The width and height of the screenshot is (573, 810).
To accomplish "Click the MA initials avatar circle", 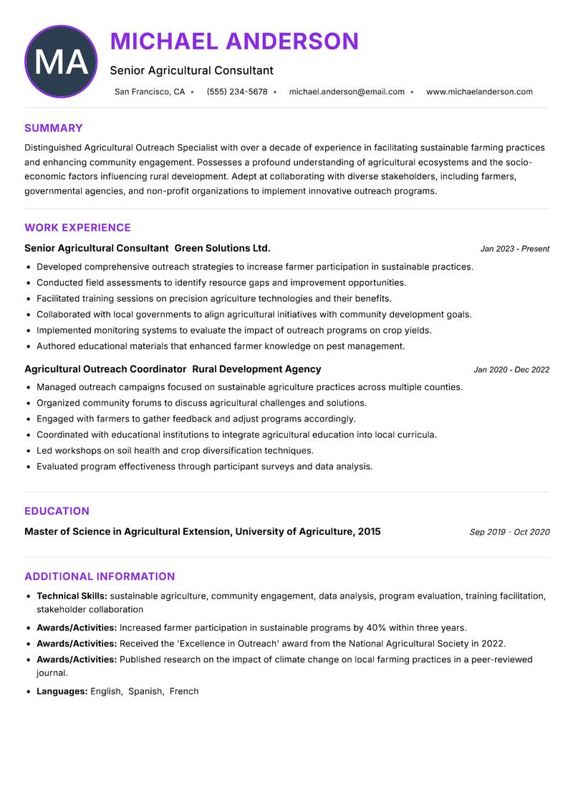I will click(x=61, y=62).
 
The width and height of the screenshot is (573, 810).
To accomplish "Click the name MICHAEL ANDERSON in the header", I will click(x=234, y=42).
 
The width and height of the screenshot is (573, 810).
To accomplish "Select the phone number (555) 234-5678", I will click(x=237, y=92).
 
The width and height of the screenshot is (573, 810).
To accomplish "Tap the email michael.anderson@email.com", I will click(x=347, y=92).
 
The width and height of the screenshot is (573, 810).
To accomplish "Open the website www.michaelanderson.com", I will click(x=479, y=92).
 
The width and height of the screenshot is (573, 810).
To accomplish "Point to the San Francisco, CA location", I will click(x=150, y=92).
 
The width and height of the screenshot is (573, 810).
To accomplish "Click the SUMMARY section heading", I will click(x=54, y=128).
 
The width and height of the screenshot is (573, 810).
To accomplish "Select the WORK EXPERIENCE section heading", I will click(x=77, y=228).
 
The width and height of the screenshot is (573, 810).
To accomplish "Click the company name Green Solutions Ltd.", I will click(x=223, y=248).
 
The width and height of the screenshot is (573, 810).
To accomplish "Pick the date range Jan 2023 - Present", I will click(x=514, y=249).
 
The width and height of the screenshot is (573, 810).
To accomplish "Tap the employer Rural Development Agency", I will click(x=256, y=369).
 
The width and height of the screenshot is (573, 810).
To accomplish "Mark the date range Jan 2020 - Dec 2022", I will click(x=511, y=370).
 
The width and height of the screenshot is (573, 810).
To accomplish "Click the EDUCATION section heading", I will click(x=57, y=511).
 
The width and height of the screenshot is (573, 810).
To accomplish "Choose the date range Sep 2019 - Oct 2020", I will click(x=509, y=532).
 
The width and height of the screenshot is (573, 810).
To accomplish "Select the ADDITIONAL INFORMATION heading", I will click(x=100, y=576).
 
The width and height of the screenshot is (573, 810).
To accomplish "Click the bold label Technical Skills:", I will click(x=72, y=596).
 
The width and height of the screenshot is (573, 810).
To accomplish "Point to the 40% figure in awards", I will click(x=376, y=627).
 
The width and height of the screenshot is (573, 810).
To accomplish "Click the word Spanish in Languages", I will click(x=145, y=691).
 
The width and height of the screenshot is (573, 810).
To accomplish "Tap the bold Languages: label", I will click(x=62, y=691).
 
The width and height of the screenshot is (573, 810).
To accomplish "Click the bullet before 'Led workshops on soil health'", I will click(x=28, y=451).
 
